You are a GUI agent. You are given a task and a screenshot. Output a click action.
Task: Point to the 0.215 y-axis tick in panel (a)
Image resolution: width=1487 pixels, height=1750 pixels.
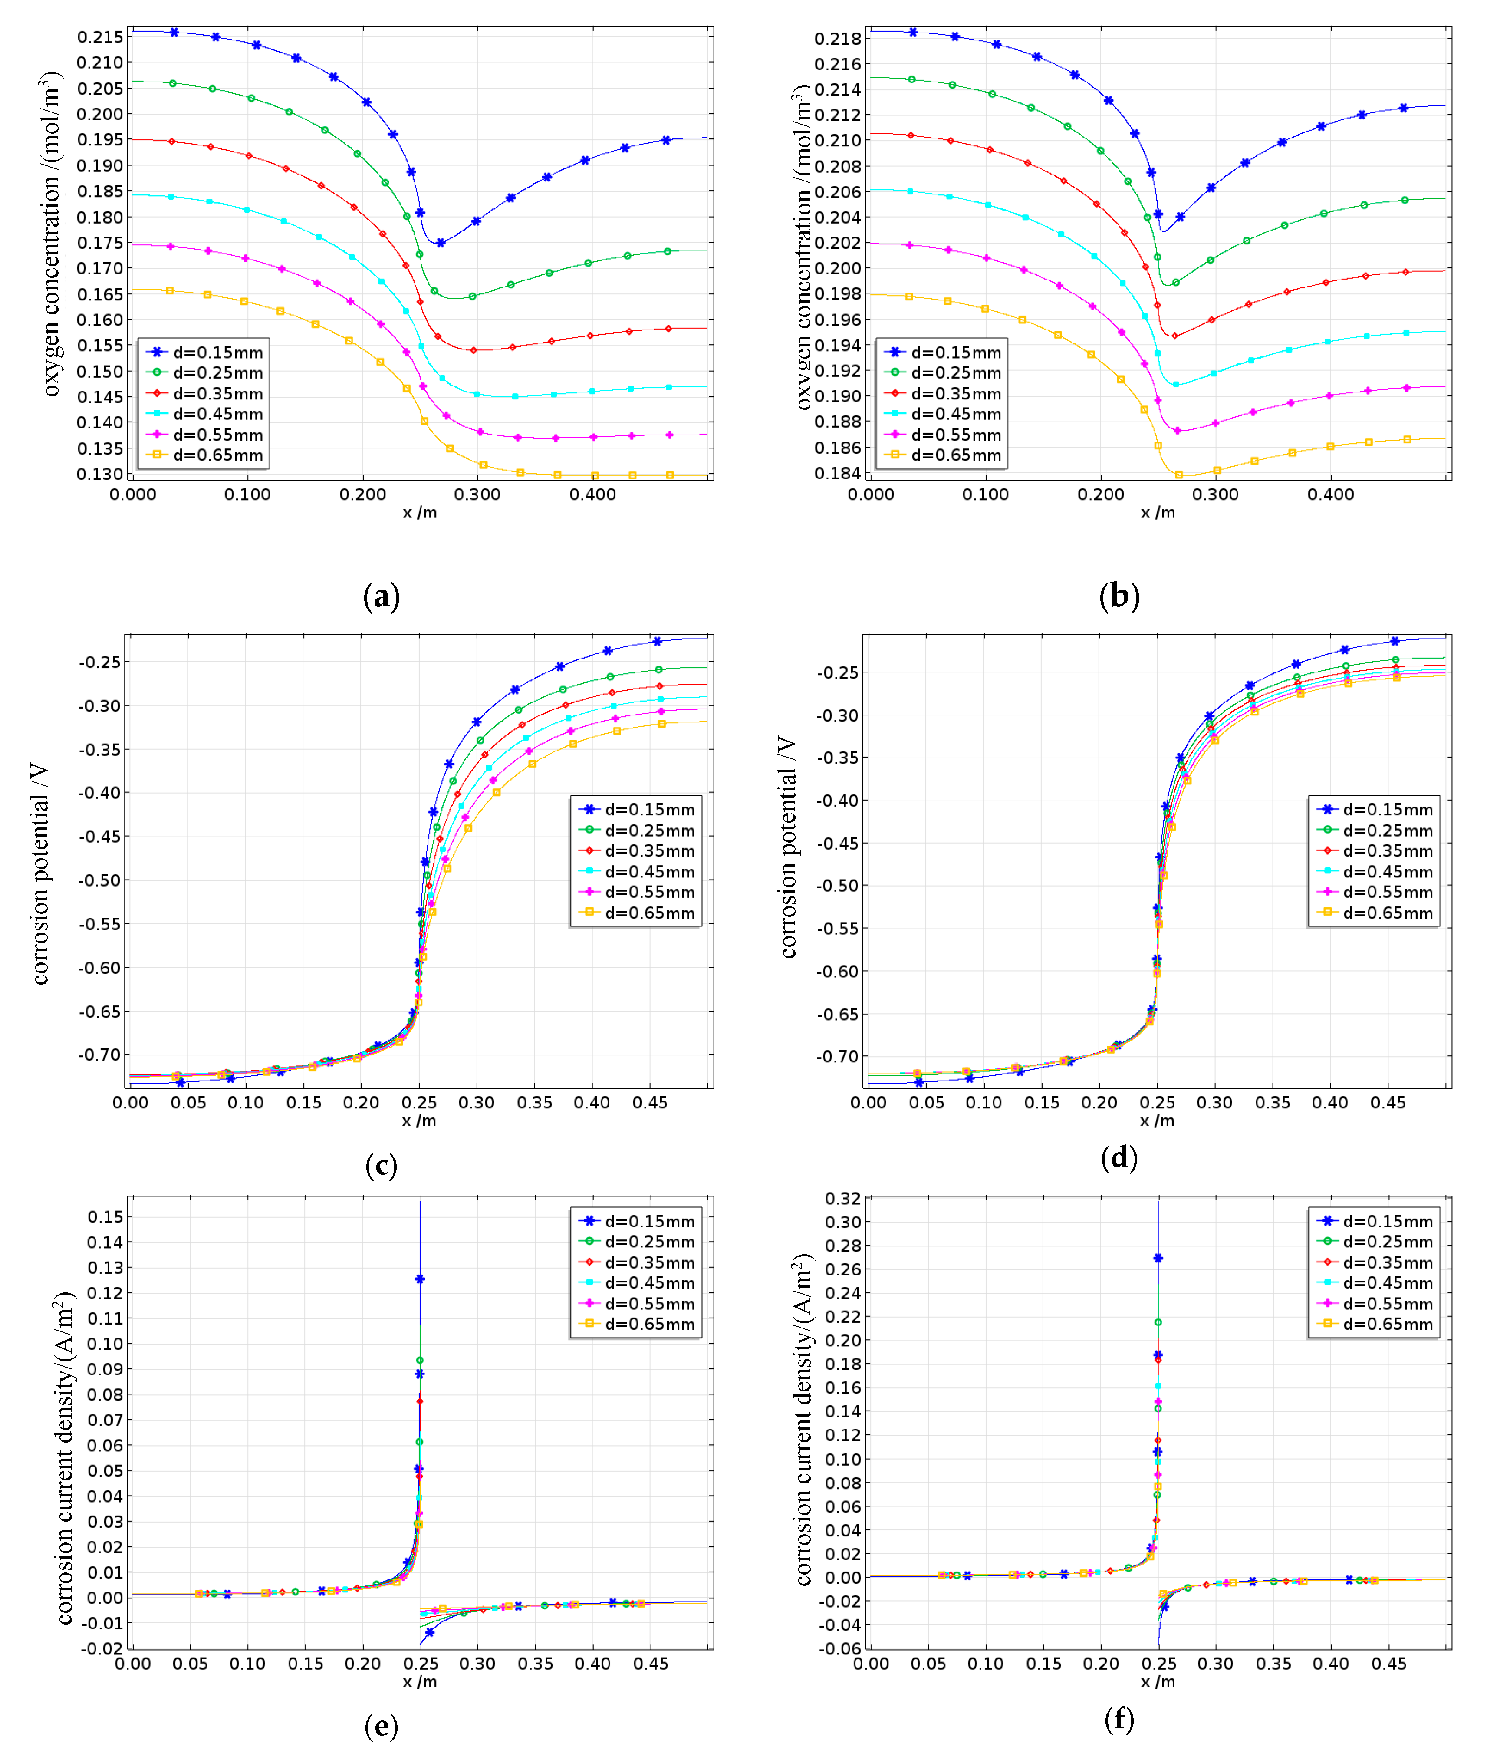click(99, 37)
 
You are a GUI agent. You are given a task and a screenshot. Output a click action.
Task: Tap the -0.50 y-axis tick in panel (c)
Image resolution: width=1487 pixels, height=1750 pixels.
click(99, 880)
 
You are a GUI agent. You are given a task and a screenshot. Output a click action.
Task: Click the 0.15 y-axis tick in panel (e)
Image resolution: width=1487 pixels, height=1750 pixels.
click(105, 1216)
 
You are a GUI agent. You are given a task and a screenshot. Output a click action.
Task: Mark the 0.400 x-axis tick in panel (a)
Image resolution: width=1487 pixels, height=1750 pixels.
click(592, 495)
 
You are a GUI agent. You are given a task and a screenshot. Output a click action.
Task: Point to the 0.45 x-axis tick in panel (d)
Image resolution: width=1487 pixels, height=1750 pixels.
click(1388, 1103)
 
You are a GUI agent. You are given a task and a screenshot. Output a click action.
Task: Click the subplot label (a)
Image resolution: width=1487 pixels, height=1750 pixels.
click(381, 597)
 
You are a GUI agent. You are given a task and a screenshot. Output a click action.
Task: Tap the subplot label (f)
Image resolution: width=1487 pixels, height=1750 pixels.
click(1119, 1719)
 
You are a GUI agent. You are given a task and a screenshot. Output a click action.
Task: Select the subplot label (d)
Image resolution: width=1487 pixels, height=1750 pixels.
click(1119, 1157)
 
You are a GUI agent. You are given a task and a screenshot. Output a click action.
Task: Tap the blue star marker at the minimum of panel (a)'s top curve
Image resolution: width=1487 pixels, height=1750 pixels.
click(440, 243)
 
